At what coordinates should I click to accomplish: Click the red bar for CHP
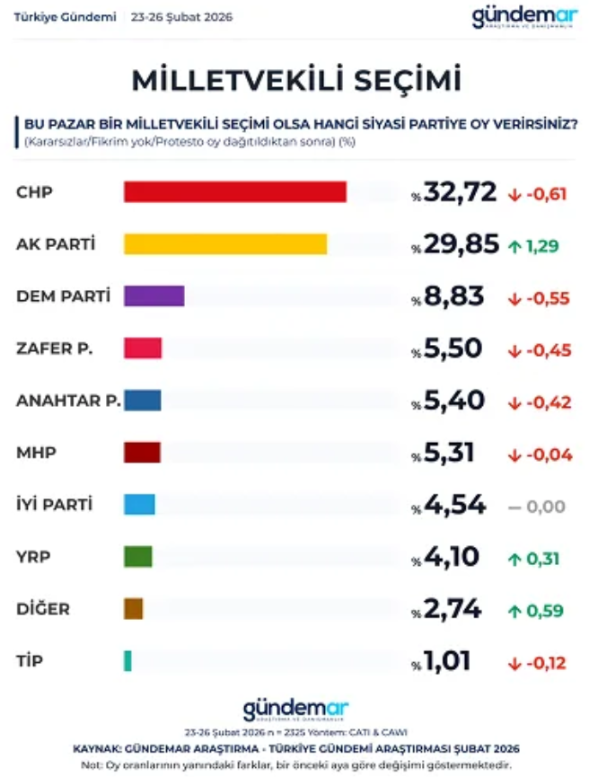click(x=234, y=192)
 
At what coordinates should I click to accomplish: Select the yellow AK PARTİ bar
click(x=224, y=244)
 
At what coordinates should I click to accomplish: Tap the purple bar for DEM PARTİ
click(x=154, y=296)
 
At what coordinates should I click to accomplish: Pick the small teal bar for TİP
click(x=127, y=661)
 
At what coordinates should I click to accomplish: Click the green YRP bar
click(x=137, y=557)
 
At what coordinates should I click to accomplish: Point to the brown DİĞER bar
click(x=133, y=609)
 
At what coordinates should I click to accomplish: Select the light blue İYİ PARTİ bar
click(x=139, y=505)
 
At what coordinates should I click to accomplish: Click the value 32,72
click(x=460, y=192)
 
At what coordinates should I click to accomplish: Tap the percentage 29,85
click(x=460, y=244)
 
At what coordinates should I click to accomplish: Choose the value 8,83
click(x=454, y=296)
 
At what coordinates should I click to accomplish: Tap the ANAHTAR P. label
click(x=68, y=401)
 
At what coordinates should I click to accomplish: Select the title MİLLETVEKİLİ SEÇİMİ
click(x=296, y=80)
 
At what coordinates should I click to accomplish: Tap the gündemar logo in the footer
click(x=294, y=710)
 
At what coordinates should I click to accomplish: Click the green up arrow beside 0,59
click(x=515, y=611)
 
